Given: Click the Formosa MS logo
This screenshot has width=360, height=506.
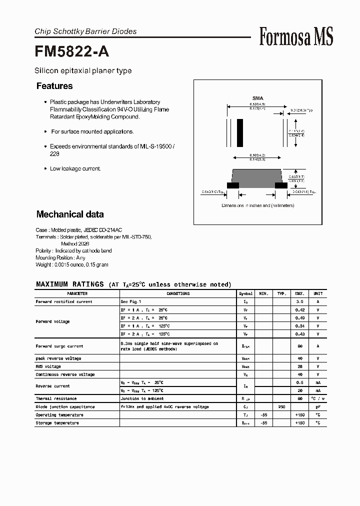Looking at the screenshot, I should coord(296,37).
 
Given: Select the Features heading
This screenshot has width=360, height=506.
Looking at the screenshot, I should coord(54,86).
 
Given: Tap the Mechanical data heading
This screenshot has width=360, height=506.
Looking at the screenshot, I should coord(70,214).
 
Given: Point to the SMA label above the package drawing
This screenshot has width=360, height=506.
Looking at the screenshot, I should coord(258,98).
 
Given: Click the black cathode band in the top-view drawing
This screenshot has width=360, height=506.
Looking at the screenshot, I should coord(240,132).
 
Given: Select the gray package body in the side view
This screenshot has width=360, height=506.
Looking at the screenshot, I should coord(257,176).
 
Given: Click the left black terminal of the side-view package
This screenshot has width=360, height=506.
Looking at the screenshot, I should coord(233,185).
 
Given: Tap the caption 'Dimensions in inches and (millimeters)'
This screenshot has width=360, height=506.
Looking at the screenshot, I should coord(258,205).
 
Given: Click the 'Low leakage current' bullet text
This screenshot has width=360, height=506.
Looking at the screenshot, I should coord(75,168).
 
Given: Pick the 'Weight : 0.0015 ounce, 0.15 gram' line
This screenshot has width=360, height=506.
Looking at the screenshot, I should coord(72,264).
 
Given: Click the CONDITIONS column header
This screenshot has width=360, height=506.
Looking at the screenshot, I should coord(178,293).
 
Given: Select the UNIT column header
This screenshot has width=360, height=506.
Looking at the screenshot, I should coord(317,293).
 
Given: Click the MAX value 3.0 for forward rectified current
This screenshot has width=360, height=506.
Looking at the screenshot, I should coord(299,302).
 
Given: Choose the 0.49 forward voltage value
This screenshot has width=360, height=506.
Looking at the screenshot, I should coord(299,318).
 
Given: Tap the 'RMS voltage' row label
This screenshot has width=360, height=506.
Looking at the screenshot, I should coord(48,366).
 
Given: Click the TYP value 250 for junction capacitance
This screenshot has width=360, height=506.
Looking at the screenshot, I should coord(282,407).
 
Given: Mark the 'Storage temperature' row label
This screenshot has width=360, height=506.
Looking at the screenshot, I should coord(57,423).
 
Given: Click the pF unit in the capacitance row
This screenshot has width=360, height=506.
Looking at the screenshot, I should coord(317,407).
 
